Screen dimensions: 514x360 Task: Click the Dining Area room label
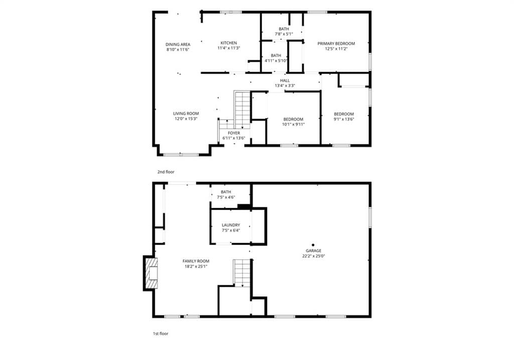tap(178, 45)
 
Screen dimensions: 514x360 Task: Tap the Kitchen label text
tap(228, 43)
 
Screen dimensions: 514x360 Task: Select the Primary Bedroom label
tap(336, 44)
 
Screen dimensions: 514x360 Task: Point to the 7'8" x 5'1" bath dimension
tap(284, 34)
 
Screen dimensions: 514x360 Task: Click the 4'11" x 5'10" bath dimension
tap(276, 61)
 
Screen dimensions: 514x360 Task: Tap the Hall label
tap(285, 81)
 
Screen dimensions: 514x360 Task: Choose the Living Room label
tap(186, 114)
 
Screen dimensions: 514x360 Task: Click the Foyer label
tap(234, 133)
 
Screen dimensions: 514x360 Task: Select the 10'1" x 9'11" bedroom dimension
tap(293, 124)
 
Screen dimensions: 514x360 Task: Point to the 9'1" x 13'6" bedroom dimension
tap(344, 119)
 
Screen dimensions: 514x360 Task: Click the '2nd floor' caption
tap(166, 172)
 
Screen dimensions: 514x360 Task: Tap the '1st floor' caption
tap(161, 333)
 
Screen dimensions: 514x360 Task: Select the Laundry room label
tap(231, 225)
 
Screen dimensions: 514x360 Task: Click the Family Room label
tap(196, 261)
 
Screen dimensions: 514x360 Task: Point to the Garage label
tap(313, 251)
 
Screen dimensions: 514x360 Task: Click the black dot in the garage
tap(313, 245)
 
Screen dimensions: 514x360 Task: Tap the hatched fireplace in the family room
tap(151, 274)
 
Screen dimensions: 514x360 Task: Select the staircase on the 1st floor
tap(242, 273)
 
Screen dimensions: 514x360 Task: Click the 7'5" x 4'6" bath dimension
tap(226, 197)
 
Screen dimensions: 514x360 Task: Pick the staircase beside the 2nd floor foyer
tap(242, 110)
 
